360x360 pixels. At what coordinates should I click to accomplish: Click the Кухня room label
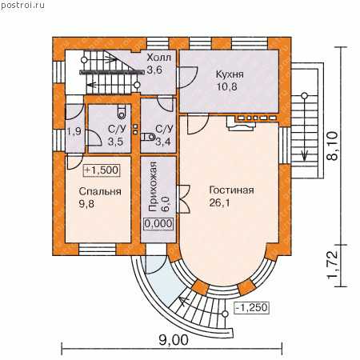(230, 74)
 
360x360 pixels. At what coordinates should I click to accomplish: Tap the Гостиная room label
(231, 190)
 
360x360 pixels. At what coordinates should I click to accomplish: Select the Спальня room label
(100, 191)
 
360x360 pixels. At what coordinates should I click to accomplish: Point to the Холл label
(159, 58)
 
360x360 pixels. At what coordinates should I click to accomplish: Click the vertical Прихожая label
(153, 186)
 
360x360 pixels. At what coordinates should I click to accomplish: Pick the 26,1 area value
(219, 203)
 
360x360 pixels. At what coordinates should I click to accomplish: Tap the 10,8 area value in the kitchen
(226, 86)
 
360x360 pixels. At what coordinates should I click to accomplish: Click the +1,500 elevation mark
(102, 170)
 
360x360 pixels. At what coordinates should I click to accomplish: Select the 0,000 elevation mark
(158, 223)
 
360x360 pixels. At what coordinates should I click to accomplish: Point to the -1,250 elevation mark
(251, 307)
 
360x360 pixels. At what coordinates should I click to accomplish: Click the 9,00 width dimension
(174, 340)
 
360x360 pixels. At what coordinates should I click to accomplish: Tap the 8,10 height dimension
(333, 146)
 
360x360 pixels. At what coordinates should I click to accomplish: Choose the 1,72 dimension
(333, 265)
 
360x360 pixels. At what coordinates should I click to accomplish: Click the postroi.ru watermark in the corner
(22, 5)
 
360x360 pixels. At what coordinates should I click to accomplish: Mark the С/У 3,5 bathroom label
(117, 135)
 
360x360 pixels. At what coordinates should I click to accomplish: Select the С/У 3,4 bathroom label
(164, 135)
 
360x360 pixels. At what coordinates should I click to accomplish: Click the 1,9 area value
(74, 131)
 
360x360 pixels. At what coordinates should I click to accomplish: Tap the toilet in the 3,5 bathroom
(122, 112)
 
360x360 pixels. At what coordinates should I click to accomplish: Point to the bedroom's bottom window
(98, 250)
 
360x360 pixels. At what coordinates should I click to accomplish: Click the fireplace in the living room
(241, 123)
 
